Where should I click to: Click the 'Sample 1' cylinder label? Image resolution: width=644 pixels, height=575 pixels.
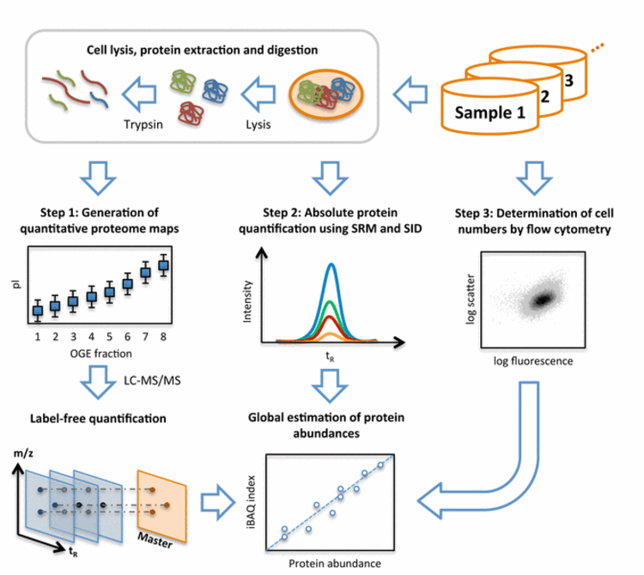pos(489,112)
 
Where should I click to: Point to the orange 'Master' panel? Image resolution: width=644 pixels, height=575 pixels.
pos(161,502)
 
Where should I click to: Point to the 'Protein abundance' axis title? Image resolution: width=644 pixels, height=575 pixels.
pos(331,562)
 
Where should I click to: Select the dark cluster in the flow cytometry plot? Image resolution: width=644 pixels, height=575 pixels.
pos(543,298)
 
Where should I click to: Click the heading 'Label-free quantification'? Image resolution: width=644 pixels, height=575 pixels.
pos(99,418)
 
